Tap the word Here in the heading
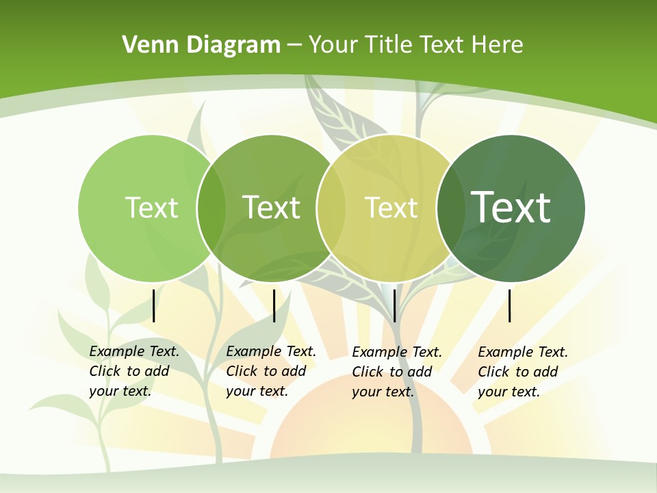coord(498,45)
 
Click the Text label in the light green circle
coord(151,207)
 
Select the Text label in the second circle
coord(272,207)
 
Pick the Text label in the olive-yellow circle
coord(391,207)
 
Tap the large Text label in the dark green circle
coord(511,207)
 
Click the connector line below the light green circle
coord(154,305)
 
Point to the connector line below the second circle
coord(274,305)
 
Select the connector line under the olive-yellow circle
coord(395,305)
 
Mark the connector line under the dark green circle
coord(510,305)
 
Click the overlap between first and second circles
coord(211,207)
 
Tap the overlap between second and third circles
coord(331,207)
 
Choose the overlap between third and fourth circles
coord(450,207)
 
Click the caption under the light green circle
coord(134,371)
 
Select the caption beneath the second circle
coord(271,371)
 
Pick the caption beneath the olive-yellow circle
coord(397,372)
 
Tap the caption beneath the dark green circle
coord(523,372)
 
